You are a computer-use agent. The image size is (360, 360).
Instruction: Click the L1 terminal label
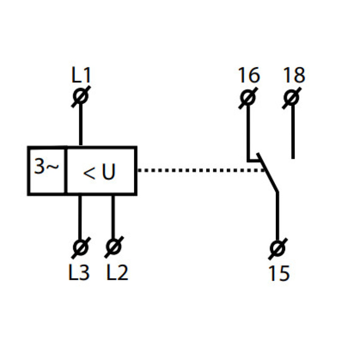tap(81, 75)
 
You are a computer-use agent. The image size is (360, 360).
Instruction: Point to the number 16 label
tap(249, 75)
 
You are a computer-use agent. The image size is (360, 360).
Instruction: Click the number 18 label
tap(294, 75)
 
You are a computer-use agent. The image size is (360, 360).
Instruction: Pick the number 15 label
tap(279, 273)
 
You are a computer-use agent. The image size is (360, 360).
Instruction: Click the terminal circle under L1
tap(81, 96)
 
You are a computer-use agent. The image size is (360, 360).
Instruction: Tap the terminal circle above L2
tap(114, 247)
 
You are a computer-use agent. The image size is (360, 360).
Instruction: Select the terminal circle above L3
tap(81, 247)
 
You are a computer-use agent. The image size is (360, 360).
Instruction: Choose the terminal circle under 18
tap(292, 98)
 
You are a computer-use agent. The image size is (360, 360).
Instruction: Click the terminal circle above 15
tap(278, 249)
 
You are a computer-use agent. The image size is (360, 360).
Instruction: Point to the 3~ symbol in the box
tap(46, 166)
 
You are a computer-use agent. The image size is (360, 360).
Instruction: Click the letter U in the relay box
tap(108, 171)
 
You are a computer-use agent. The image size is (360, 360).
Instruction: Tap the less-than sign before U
tap(89, 173)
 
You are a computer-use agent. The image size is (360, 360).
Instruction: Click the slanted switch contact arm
tap(268, 172)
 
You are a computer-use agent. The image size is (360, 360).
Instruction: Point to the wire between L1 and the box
tap(81, 125)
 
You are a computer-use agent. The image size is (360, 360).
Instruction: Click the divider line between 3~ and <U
tap(66, 171)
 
